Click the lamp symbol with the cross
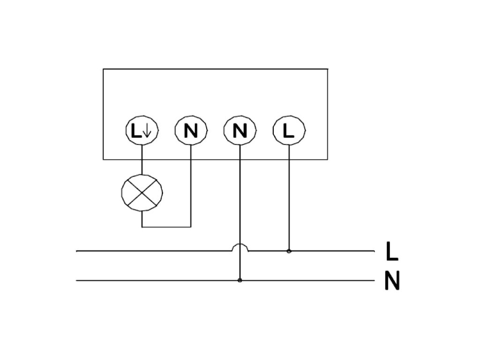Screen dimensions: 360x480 (142, 193)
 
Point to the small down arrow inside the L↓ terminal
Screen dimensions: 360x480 (147, 131)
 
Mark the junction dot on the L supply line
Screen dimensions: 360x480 (289, 251)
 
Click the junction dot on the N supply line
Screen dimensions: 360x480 (240, 280)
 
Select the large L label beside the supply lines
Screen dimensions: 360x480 (392, 252)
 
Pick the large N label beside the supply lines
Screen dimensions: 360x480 (392, 281)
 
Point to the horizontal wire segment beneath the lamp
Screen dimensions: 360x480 (166, 227)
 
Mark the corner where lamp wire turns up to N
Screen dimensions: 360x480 (191, 227)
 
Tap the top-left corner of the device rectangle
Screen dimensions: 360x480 (103, 69)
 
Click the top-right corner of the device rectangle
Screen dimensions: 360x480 (327, 69)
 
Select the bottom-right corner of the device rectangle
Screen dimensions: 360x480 (327, 159)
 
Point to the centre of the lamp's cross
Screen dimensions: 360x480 (142, 193)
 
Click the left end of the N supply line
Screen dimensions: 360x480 (77, 281)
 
